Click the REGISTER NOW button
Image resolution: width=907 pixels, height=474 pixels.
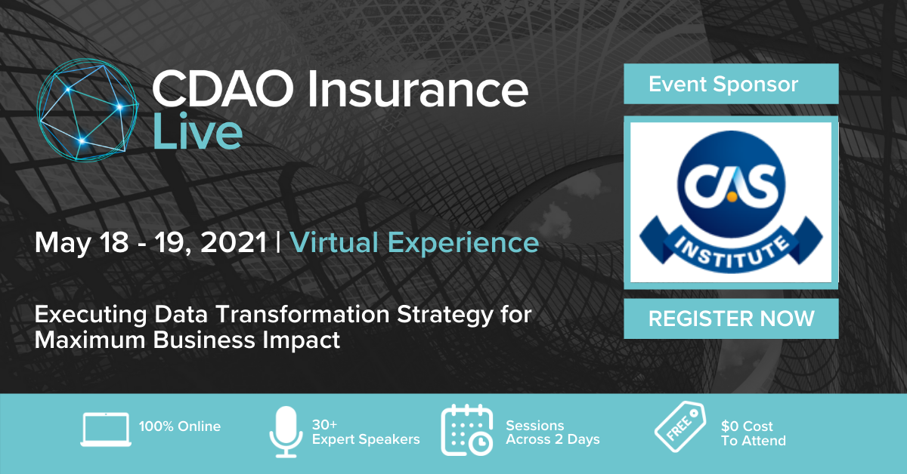pyautogui.click(x=731, y=319)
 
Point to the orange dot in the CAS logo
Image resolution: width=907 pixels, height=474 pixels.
pyautogui.click(x=732, y=197)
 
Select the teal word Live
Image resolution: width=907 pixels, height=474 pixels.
pyautogui.click(x=197, y=131)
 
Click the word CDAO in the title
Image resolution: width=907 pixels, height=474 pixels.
pyautogui.click(x=222, y=88)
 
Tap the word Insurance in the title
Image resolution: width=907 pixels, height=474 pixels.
pyautogui.click(x=417, y=88)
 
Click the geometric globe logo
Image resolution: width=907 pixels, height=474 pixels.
pyautogui.click(x=88, y=109)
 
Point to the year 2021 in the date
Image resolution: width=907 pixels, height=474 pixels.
pyautogui.click(x=234, y=242)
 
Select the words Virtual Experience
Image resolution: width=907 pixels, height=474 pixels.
pyautogui.click(x=414, y=244)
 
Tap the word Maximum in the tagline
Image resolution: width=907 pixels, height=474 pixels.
pyautogui.click(x=89, y=340)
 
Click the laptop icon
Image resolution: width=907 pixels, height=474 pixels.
pyautogui.click(x=106, y=429)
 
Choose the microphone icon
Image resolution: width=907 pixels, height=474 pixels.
pyautogui.click(x=286, y=432)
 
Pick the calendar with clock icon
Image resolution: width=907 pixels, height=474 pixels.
pyautogui.click(x=467, y=430)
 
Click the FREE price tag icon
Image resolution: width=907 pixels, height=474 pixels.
pyautogui.click(x=681, y=426)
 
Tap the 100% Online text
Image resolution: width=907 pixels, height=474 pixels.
pyautogui.click(x=180, y=426)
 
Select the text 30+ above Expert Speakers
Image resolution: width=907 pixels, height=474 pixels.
pyautogui.click(x=324, y=425)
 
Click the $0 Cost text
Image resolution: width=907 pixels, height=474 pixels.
pyautogui.click(x=747, y=426)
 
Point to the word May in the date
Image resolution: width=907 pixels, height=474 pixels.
pyautogui.click(x=62, y=244)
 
